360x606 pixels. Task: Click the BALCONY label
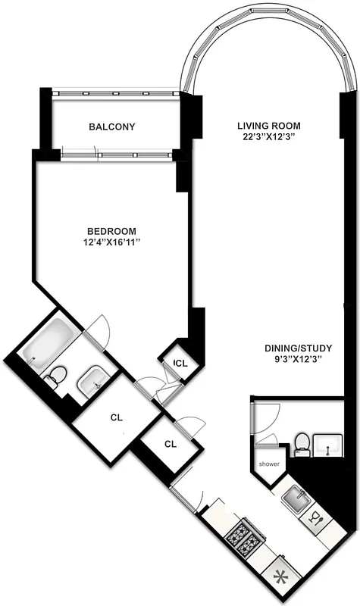tap(112, 127)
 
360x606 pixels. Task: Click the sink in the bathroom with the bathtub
tap(92, 379)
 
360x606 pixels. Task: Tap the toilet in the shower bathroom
tap(302, 442)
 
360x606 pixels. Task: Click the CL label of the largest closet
tap(116, 417)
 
